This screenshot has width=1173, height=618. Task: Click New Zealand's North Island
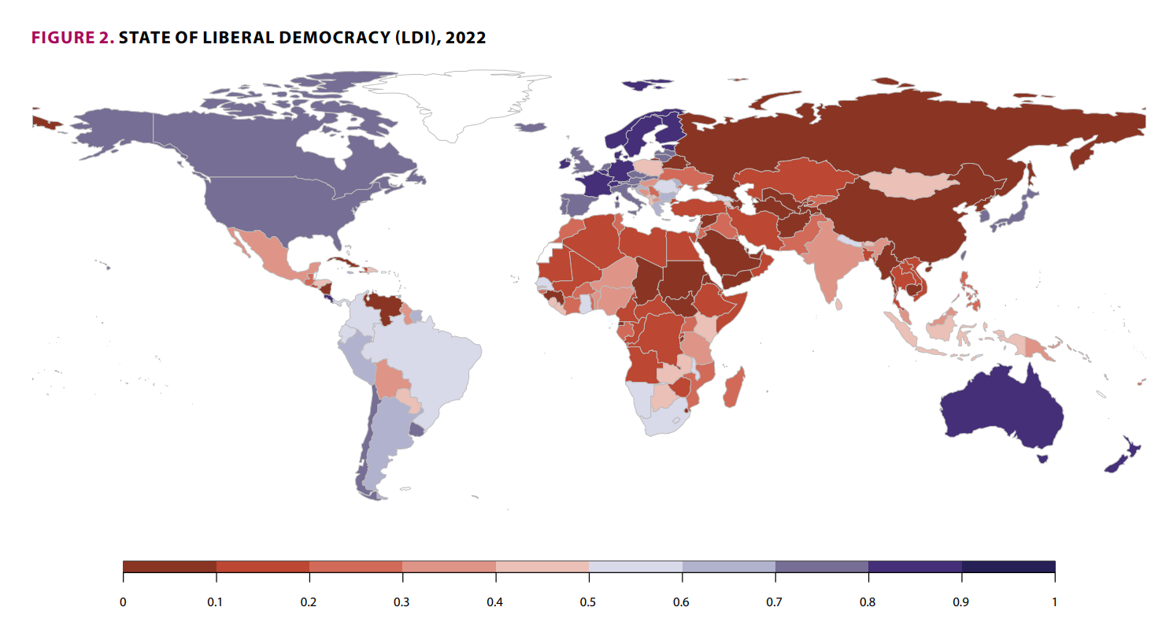tap(1133, 449)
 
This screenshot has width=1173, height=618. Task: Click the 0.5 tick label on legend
tap(589, 602)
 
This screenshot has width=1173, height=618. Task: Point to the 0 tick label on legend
tap(124, 602)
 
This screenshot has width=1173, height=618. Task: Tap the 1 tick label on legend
tap(1054, 602)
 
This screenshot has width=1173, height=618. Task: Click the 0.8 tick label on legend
tap(868, 602)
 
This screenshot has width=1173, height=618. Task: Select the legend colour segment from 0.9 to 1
tap(1008, 567)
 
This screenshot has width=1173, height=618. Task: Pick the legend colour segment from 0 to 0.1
tap(170, 567)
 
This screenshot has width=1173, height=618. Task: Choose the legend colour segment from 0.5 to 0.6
tap(635, 567)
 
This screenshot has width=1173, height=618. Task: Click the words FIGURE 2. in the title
tap(72, 38)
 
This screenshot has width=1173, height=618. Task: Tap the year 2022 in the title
tap(465, 38)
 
